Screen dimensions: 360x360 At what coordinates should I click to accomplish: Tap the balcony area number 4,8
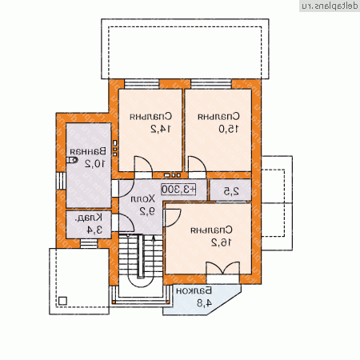point(204,302)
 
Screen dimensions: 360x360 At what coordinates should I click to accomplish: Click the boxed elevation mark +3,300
point(180,190)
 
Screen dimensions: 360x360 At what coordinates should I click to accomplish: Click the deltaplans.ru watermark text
point(328,6)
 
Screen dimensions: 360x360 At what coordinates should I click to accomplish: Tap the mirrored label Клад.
point(83,218)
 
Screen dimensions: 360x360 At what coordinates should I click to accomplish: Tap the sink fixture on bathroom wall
point(73,160)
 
